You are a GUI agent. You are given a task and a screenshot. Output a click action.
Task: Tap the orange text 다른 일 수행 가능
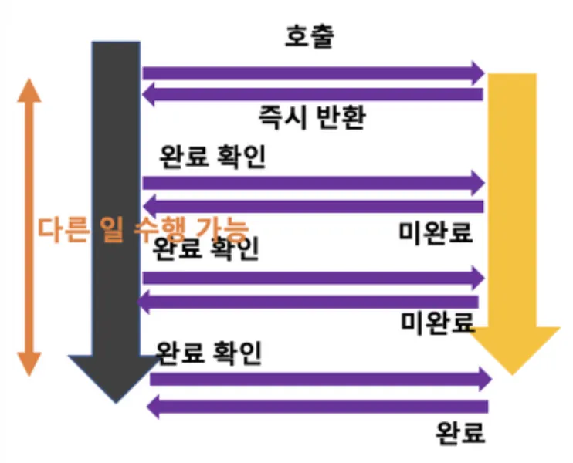click(x=144, y=230)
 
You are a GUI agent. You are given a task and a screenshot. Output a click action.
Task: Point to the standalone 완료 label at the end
click(x=461, y=432)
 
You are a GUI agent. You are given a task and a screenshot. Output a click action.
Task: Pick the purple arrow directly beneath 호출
click(x=313, y=73)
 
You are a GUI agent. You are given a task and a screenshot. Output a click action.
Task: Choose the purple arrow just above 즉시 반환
click(x=313, y=95)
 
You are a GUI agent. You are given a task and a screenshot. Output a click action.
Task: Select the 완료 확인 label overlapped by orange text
click(x=206, y=249)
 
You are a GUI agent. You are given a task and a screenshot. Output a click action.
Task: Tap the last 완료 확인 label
click(x=209, y=353)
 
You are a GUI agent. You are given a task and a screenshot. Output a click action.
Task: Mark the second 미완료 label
click(x=438, y=321)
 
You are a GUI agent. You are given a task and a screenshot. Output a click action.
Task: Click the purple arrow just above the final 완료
click(x=317, y=406)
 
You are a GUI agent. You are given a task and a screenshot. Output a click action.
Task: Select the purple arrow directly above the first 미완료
click(x=313, y=206)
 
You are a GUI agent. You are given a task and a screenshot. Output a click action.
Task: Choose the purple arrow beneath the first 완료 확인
click(x=313, y=183)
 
